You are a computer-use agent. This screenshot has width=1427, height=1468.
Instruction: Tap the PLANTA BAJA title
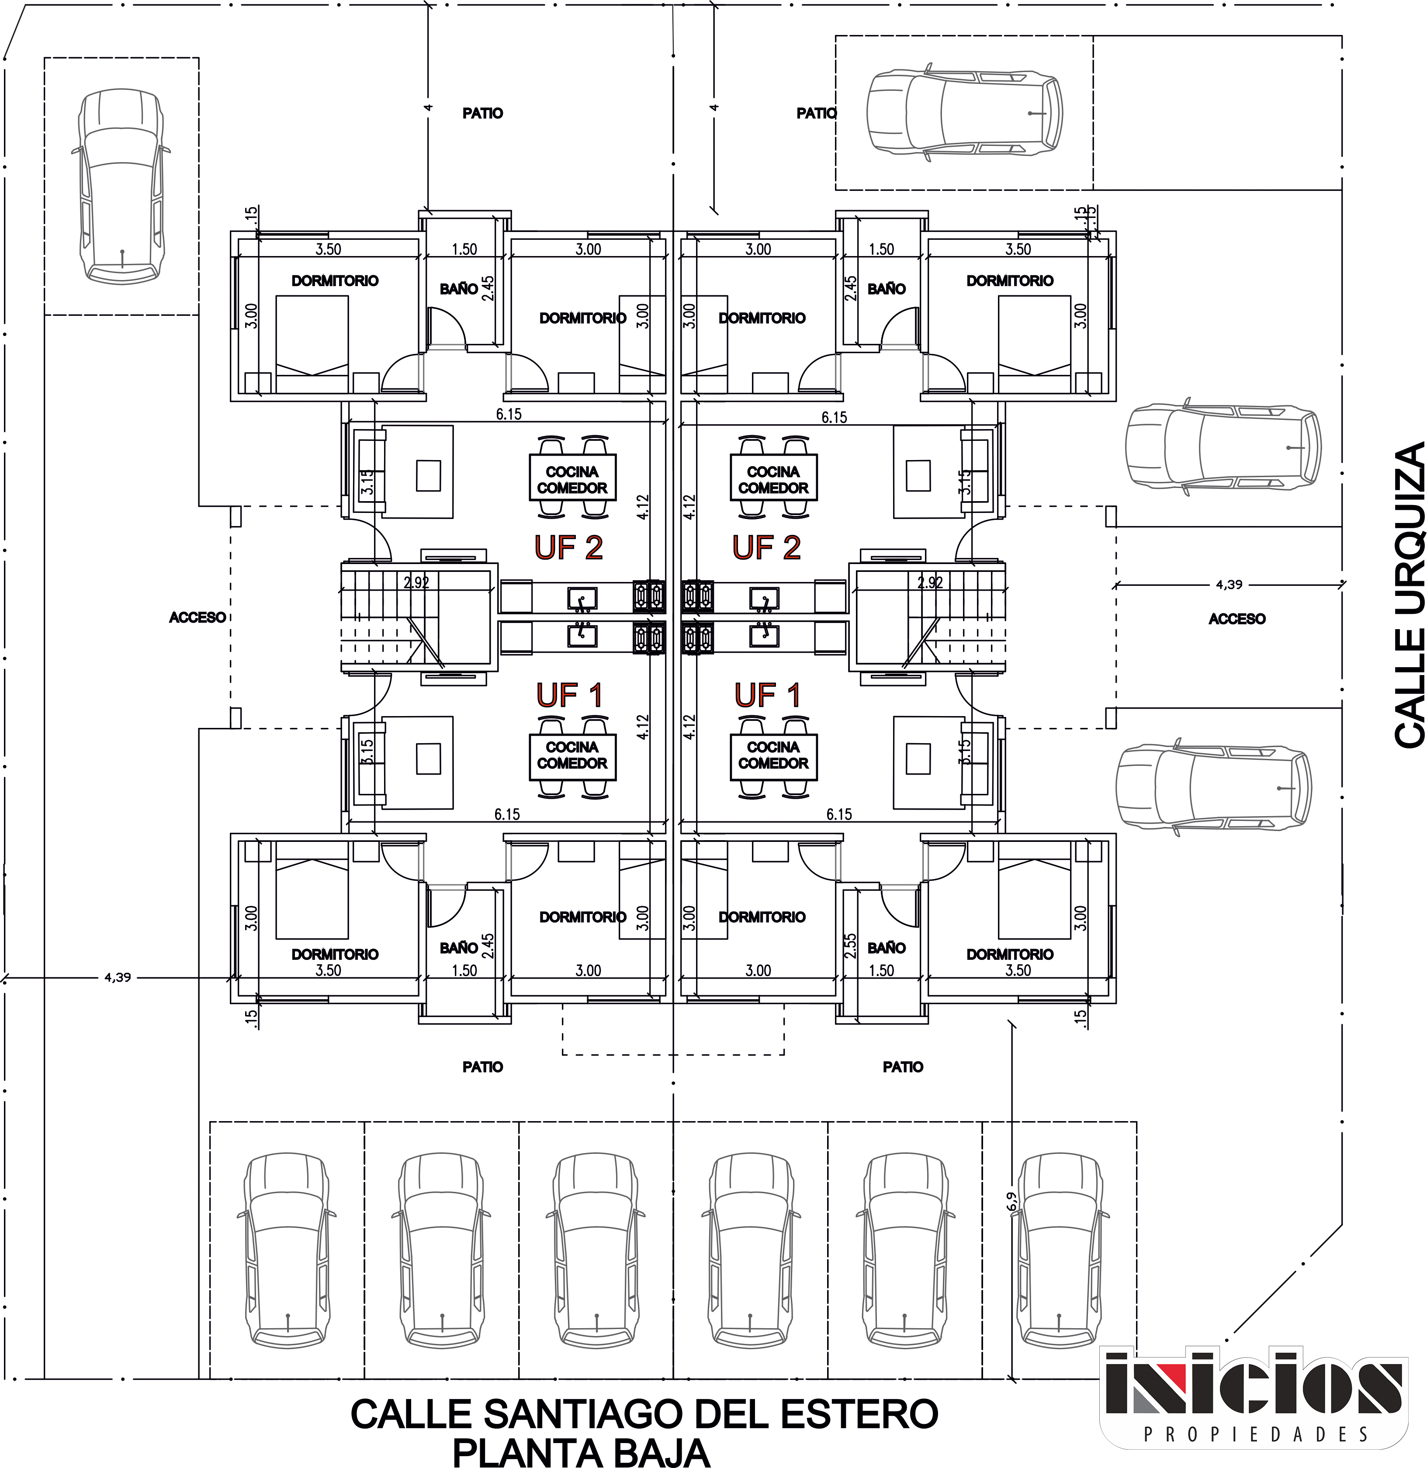tap(582, 1451)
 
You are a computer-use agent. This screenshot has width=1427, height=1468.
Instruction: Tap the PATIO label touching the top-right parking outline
tap(816, 113)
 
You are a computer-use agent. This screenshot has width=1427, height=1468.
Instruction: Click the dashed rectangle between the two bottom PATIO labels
tap(673, 1029)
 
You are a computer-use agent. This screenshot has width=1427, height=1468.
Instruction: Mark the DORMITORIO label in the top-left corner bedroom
tap(335, 281)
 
